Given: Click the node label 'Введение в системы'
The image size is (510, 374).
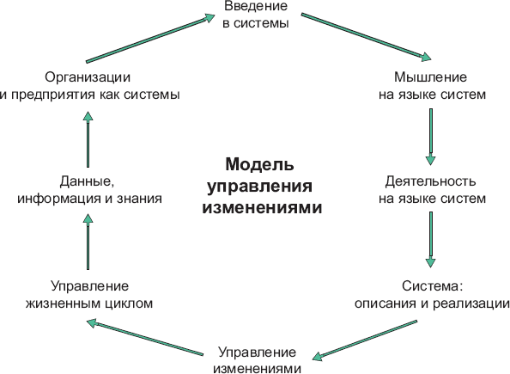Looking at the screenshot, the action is (x=256, y=15).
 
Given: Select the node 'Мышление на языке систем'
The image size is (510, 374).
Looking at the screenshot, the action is (x=432, y=86).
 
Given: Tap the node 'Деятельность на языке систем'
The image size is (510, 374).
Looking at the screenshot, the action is (x=432, y=190).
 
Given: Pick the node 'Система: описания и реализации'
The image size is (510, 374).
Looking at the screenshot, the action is (x=432, y=295).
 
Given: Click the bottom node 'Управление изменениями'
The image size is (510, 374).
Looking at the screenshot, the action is (x=257, y=360).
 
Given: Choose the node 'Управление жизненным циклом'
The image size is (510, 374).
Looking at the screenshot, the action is (x=89, y=295).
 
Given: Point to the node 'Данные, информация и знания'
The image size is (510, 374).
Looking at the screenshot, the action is (x=89, y=190).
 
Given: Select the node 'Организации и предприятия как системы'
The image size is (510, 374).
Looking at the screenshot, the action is (x=89, y=86).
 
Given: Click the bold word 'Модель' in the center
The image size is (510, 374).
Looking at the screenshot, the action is (x=259, y=164).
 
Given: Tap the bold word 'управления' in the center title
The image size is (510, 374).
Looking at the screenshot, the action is (x=259, y=187).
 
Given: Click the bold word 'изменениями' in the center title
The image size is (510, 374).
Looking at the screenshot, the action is (x=262, y=207).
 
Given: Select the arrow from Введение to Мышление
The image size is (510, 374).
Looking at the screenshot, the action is (x=367, y=37).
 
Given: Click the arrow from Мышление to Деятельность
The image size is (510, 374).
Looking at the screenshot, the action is (x=431, y=137).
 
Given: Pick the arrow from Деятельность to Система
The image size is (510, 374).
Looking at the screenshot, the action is (x=431, y=240).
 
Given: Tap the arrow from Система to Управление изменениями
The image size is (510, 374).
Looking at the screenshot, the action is (x=364, y=340).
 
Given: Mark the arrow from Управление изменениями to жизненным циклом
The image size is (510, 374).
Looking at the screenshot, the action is (x=145, y=338).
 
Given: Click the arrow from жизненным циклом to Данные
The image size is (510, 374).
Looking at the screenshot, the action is (x=88, y=242).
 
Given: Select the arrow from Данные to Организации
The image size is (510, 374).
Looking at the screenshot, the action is (x=88, y=139).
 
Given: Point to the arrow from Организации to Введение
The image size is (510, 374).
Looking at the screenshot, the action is (x=150, y=38).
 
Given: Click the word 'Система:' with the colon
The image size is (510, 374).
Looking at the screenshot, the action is (x=432, y=286).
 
